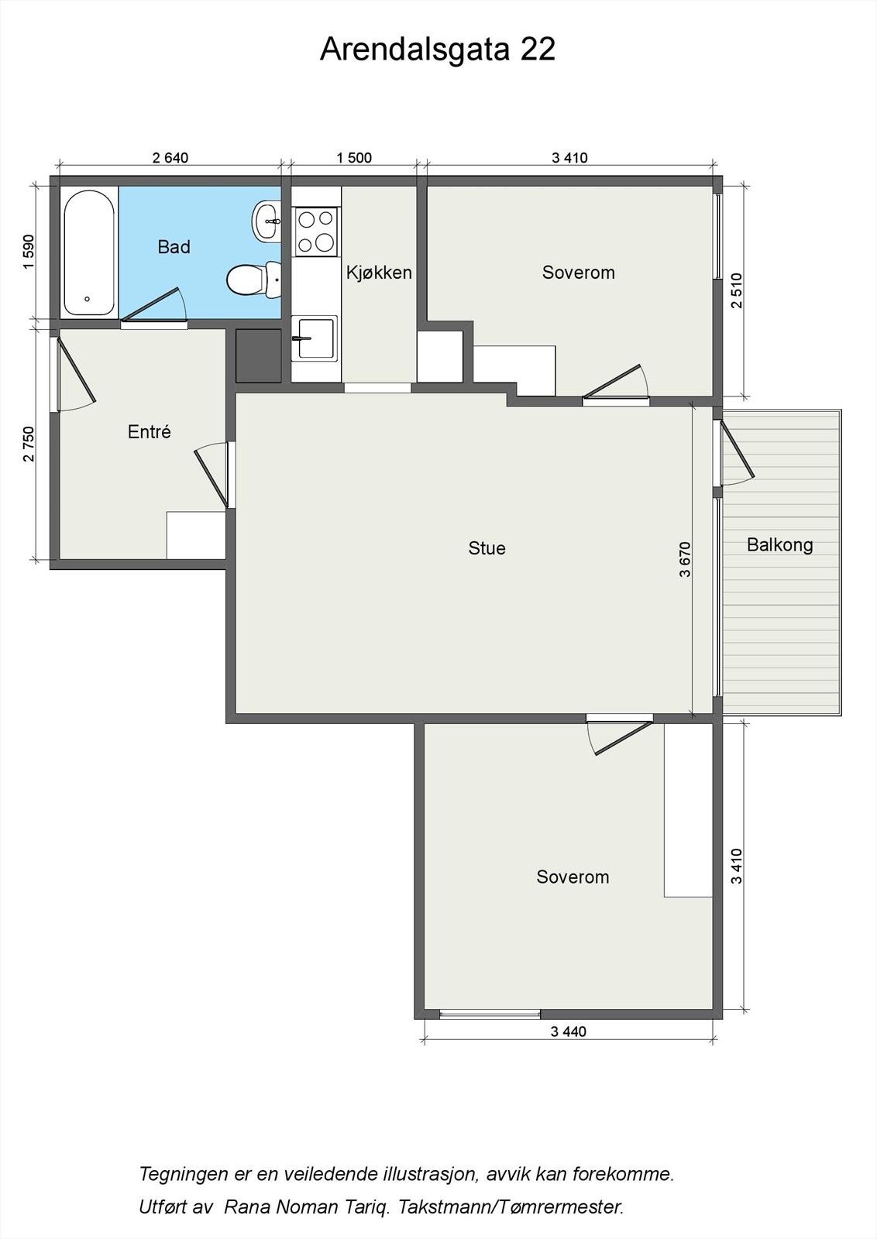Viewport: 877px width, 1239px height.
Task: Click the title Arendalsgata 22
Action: coord(438,50)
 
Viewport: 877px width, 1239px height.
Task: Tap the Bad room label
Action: coord(174,247)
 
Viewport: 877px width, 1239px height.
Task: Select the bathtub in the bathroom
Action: coord(89,252)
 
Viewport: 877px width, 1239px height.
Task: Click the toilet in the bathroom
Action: coord(253,280)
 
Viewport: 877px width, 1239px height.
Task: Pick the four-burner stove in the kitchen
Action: coord(316,232)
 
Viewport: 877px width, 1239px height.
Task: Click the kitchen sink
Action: coord(315,338)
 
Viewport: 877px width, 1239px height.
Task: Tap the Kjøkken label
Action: coord(379,273)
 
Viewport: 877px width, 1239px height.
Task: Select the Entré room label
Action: coord(150,431)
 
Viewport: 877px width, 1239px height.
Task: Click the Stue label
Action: coord(487,548)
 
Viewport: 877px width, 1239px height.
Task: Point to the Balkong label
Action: coord(779,545)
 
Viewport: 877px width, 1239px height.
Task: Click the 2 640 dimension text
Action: coord(170,158)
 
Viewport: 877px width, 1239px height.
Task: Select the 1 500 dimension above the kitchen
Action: coord(354,158)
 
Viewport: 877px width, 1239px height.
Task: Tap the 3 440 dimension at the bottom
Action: coord(569,1031)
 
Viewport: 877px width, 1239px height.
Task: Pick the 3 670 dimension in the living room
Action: coord(685,559)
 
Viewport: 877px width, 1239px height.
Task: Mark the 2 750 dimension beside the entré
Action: coord(29,444)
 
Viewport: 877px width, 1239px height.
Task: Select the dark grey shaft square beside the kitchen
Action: coord(259,355)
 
